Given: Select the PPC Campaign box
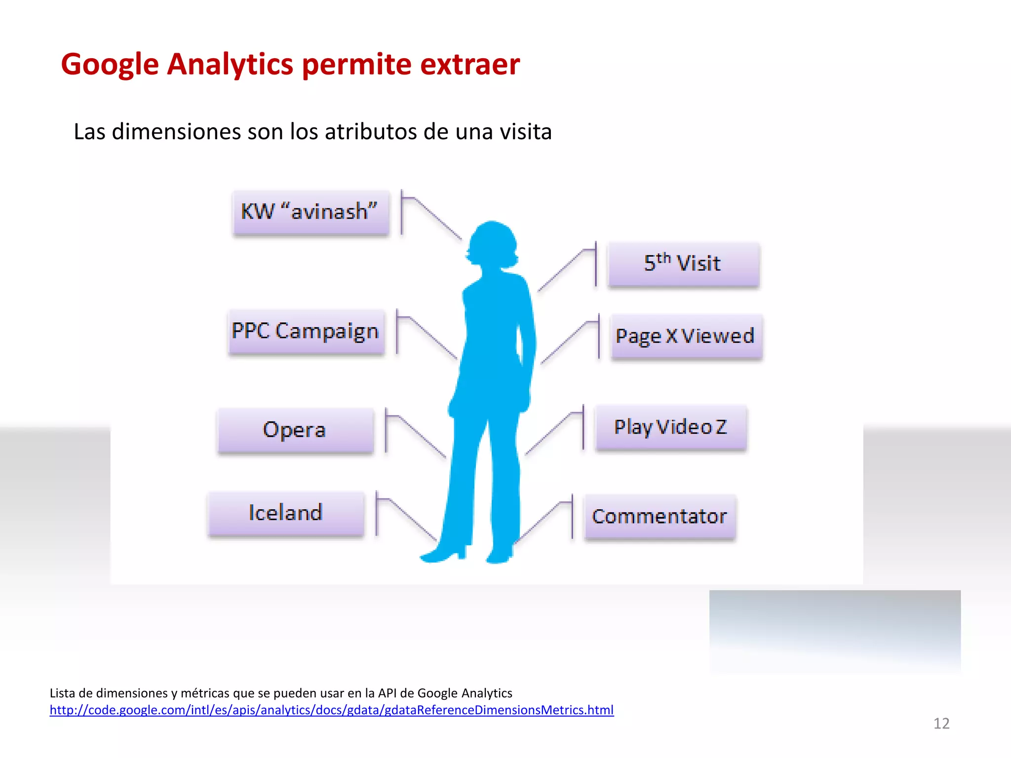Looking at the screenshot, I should pyautogui.click(x=306, y=332).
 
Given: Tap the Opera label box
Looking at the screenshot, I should pyautogui.click(x=295, y=430).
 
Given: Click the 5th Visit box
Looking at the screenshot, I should pyautogui.click(x=684, y=264).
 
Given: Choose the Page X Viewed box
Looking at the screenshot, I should pyautogui.click(x=686, y=337).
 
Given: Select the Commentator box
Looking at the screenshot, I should pyautogui.click(x=660, y=517).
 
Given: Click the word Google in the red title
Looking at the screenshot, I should pyautogui.click(x=110, y=65).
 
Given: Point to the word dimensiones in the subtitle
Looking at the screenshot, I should pyautogui.click(x=177, y=132).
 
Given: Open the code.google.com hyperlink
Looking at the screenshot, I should pyautogui.click(x=331, y=710).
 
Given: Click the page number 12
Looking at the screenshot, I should pyautogui.click(x=941, y=723).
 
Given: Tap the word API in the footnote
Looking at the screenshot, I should pyautogui.click(x=388, y=693).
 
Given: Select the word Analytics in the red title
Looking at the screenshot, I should pyautogui.click(x=230, y=65).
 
